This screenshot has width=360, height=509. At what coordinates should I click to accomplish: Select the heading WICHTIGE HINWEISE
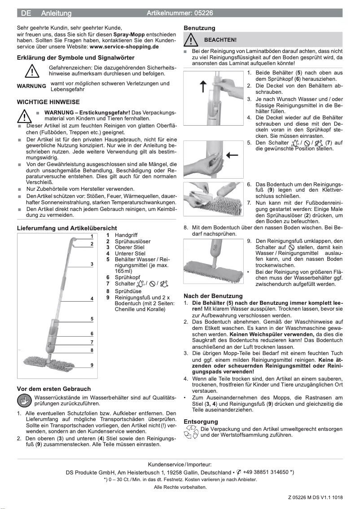coord(48,102)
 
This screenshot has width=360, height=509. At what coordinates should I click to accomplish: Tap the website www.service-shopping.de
coord(124,46)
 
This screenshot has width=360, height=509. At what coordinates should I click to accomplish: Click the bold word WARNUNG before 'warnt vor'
coord(31,86)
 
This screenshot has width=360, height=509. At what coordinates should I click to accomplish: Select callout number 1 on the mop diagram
coord(92,236)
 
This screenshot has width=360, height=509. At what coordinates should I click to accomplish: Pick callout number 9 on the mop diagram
coord(92,365)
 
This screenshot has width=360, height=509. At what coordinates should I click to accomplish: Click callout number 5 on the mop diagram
coord(92,319)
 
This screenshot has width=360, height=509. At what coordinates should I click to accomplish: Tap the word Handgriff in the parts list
coord(126,235)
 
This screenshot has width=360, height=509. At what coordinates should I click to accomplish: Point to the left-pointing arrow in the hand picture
coord(233,155)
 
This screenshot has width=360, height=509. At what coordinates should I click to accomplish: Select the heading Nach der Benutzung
coord(213,296)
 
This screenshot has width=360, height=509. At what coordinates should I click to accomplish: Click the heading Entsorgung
coord(201,421)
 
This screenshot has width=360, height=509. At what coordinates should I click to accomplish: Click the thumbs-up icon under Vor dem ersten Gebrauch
coord(25,400)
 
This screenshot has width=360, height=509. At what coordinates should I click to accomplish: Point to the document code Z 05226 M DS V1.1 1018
coord(315,497)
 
